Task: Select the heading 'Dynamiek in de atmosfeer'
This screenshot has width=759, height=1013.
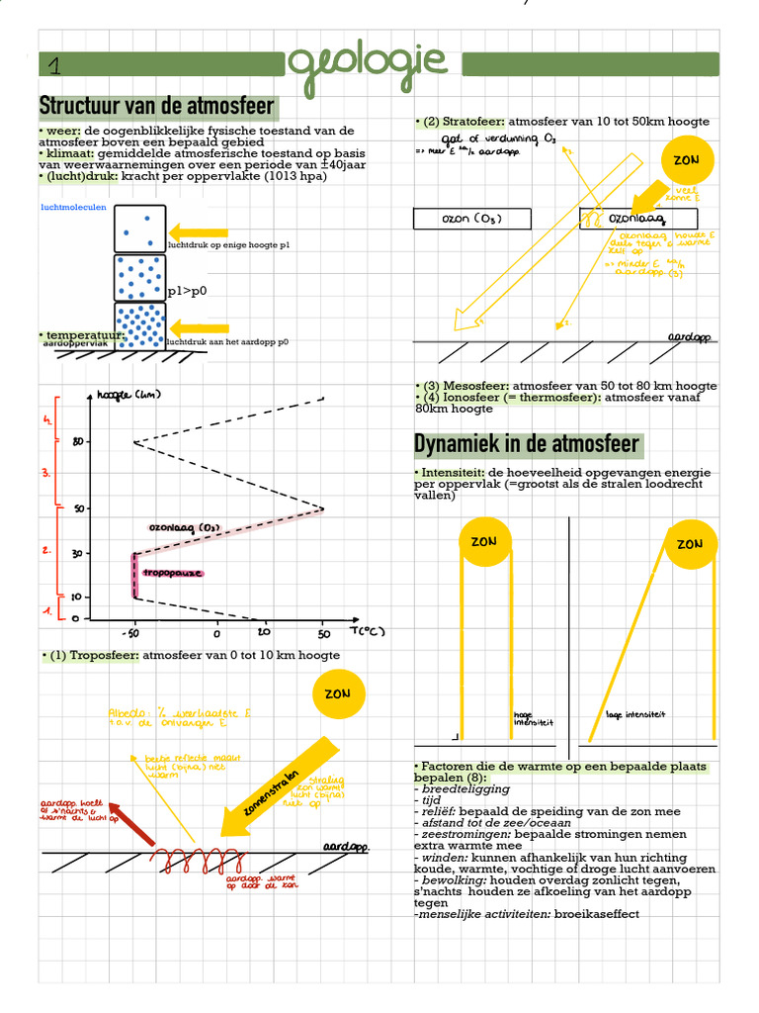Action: (527, 444)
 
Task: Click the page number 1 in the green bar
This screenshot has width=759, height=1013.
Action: (53, 66)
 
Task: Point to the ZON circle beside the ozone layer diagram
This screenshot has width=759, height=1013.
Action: (686, 160)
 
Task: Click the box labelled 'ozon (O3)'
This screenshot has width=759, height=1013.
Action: (471, 219)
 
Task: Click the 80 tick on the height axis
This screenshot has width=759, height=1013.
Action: (78, 442)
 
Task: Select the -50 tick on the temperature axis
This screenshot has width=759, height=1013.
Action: (129, 632)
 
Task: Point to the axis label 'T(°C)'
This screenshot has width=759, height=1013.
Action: (367, 630)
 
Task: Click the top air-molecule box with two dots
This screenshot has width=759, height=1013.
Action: (139, 228)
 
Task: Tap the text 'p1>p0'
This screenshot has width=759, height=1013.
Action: (187, 292)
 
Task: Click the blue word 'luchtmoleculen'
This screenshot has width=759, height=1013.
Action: (73, 208)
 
